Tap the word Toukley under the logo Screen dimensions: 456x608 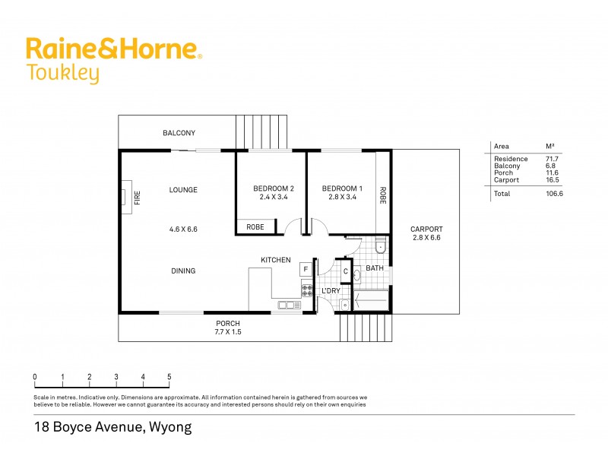[x=62, y=74]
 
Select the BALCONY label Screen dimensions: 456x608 [x=179, y=133]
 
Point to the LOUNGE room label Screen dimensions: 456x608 [x=183, y=190]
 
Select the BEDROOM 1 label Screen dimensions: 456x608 [x=342, y=188]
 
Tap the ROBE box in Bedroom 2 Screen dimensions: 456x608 [x=255, y=226]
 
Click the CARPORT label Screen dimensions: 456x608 [x=426, y=229]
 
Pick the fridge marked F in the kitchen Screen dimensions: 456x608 [x=306, y=269]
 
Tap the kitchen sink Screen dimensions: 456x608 [x=290, y=306]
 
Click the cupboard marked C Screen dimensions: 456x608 [x=346, y=271]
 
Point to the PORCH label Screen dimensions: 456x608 [x=228, y=322]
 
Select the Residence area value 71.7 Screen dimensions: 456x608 [x=552, y=158]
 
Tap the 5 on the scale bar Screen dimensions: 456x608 [x=169, y=377]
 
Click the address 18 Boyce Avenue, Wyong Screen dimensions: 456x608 [x=113, y=427]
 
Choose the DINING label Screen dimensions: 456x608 [x=183, y=271]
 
